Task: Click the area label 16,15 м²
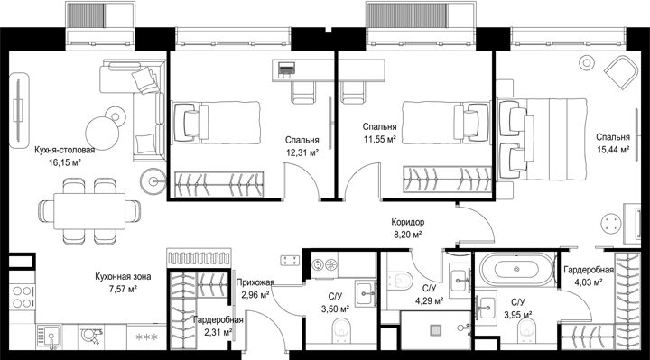point(65,162)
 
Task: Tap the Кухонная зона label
point(123,276)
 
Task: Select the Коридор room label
point(408,222)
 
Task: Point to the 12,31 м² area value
point(302,152)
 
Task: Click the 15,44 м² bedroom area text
point(613,149)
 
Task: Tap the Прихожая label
point(255,282)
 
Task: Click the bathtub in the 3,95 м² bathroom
point(516,270)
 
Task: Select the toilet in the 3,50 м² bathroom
point(341,328)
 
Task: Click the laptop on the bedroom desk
point(286,69)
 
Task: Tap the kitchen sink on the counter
point(49,337)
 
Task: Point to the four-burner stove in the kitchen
point(23,298)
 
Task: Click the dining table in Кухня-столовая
point(89,211)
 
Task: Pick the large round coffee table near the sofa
point(102,133)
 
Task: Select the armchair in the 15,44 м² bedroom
point(620,73)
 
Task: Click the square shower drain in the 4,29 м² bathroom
point(435,330)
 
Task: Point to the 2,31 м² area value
point(218,332)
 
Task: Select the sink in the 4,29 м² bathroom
point(460,280)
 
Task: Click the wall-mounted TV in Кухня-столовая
point(18,110)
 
